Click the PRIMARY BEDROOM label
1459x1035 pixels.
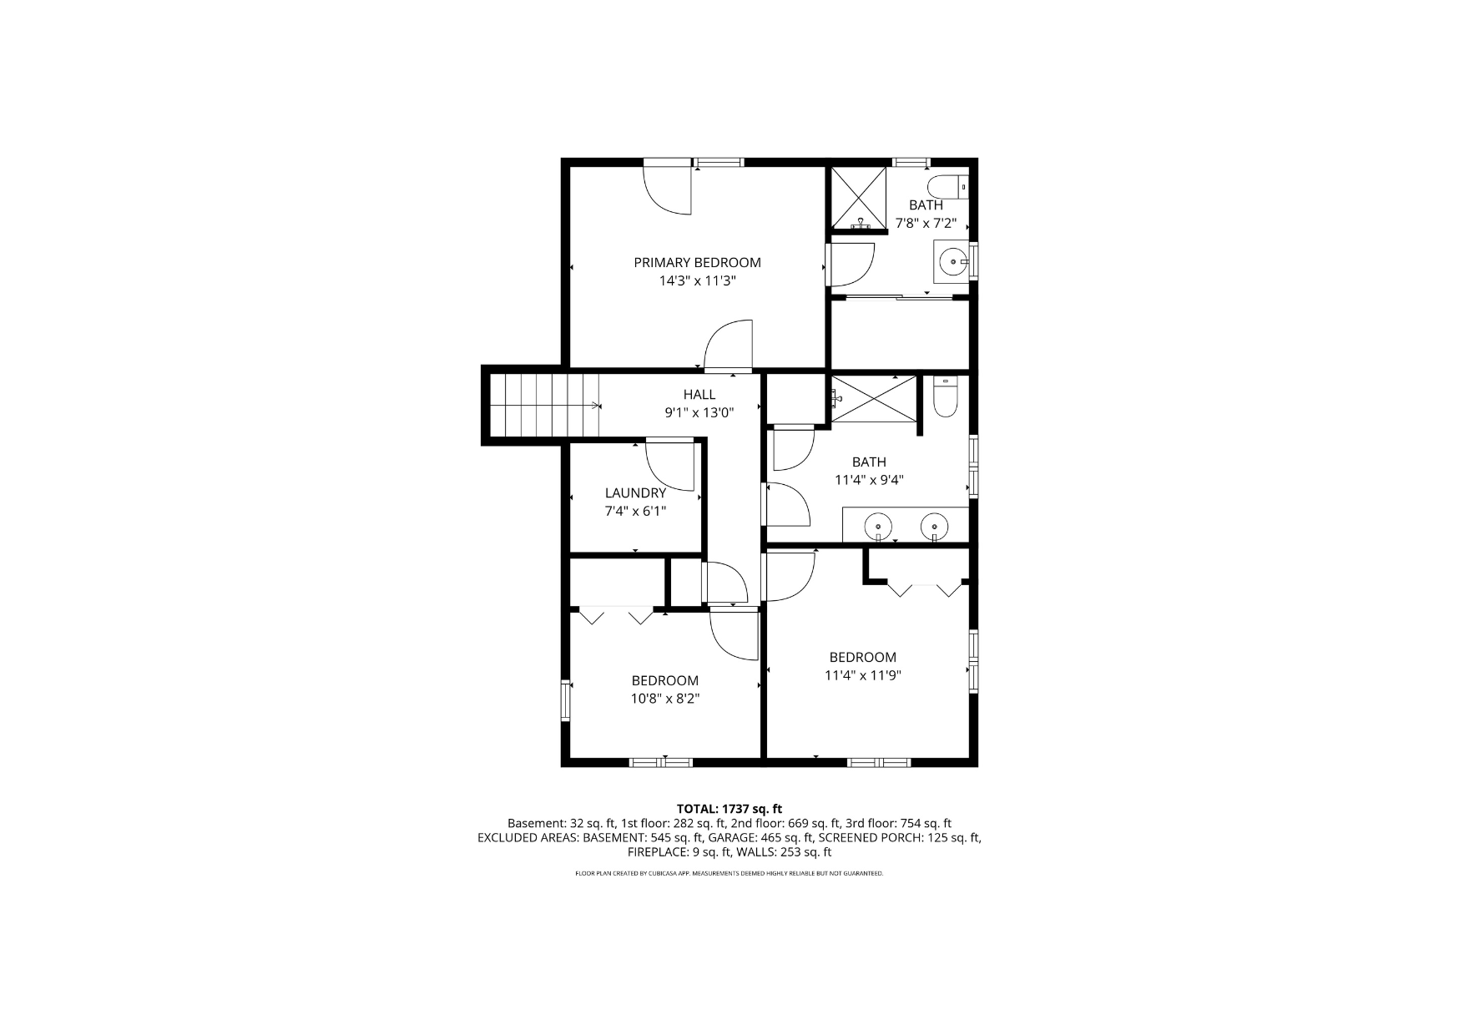click(697, 262)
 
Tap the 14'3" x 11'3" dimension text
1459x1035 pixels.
click(697, 281)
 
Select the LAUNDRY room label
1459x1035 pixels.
click(635, 493)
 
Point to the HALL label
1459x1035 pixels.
click(699, 395)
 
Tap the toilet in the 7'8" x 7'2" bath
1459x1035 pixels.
click(947, 187)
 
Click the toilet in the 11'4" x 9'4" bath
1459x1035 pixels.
click(944, 398)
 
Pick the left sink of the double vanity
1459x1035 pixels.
click(878, 527)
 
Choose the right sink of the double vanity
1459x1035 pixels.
click(934, 527)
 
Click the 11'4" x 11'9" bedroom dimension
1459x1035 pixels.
click(863, 676)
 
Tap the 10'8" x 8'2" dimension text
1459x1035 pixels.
click(665, 699)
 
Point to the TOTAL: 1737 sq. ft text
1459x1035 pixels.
click(729, 809)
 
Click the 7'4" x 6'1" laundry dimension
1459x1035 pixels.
click(636, 512)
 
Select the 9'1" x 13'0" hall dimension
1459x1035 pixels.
click(699, 413)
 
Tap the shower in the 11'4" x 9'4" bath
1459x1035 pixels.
click(873, 399)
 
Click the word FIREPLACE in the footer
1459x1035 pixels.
click(658, 852)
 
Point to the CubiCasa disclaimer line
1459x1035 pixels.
click(729, 873)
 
